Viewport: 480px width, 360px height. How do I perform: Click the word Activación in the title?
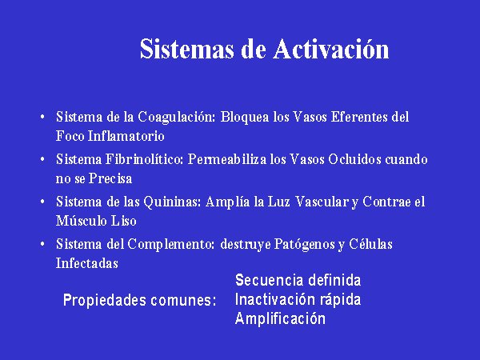click(331, 49)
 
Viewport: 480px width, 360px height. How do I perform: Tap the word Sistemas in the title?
click(187, 49)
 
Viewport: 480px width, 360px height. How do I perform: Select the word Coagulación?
click(177, 118)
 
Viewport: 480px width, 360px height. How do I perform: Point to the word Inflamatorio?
click(126, 136)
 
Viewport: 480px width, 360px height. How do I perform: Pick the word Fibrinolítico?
click(144, 159)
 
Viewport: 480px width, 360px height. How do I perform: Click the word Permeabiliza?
click(227, 159)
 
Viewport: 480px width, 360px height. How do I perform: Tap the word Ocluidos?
click(354, 159)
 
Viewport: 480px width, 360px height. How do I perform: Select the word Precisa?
click(110, 178)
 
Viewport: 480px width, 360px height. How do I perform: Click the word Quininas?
click(172, 202)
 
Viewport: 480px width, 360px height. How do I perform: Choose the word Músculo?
click(81, 221)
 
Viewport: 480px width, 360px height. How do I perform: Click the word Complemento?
click(171, 245)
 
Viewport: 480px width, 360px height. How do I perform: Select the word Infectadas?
click(87, 263)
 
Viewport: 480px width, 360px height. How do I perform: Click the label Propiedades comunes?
click(139, 300)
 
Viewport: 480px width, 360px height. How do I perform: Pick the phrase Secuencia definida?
click(298, 280)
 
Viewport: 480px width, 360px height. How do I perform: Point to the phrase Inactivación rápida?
click(298, 300)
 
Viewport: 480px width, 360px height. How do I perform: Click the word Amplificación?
click(280, 318)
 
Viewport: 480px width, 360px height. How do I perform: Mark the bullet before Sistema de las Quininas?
click(42, 202)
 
